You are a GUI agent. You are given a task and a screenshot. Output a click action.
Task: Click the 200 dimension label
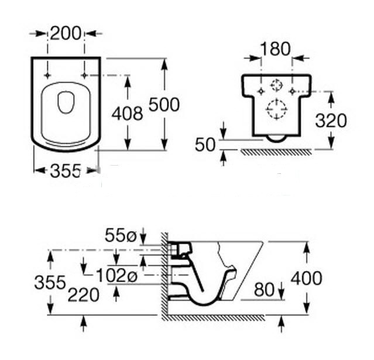(x=65, y=34)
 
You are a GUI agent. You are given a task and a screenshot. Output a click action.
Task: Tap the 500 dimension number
(x=164, y=105)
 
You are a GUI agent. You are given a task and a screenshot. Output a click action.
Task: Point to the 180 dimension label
(x=275, y=50)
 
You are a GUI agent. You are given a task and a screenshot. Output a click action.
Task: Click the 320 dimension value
(x=331, y=120)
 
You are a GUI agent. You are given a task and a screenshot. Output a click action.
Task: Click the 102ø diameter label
(x=118, y=275)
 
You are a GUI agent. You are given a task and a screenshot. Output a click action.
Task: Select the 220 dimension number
(x=83, y=295)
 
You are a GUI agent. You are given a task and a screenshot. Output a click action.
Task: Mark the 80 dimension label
(x=265, y=289)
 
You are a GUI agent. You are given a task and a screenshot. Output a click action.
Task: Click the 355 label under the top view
(x=64, y=171)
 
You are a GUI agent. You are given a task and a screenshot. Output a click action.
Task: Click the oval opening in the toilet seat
(x=66, y=104)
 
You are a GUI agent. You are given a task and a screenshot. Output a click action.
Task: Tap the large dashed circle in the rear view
(x=276, y=109)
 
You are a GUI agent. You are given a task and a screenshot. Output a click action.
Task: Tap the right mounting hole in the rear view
(x=291, y=91)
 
